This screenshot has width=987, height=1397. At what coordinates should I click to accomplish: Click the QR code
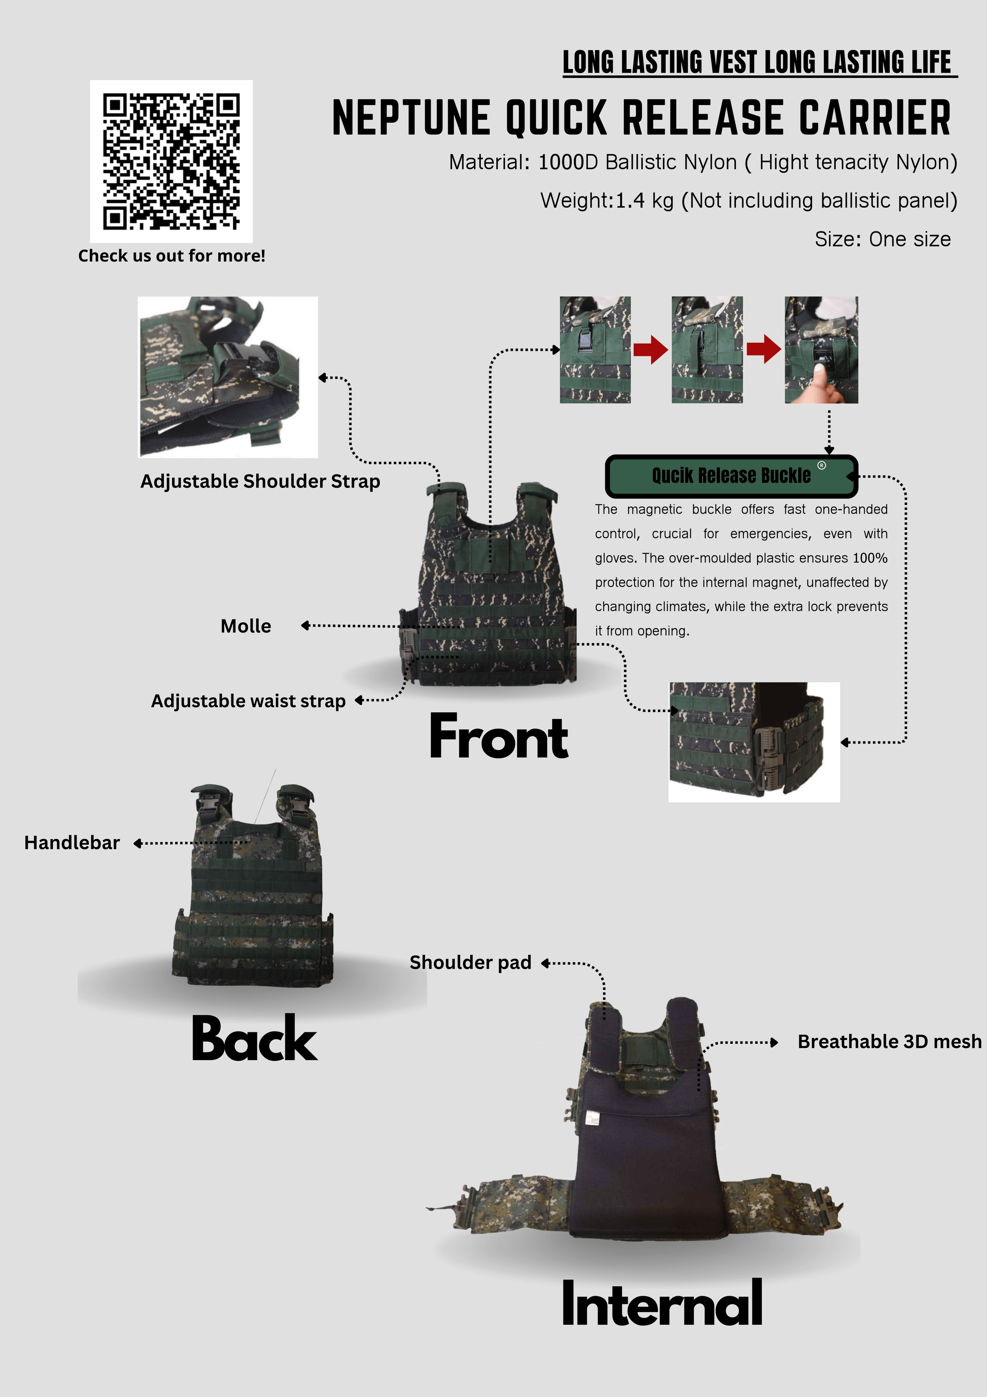(x=171, y=161)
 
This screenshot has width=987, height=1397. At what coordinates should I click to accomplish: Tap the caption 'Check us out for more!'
(x=171, y=256)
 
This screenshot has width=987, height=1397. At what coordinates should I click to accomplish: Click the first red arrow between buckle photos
(x=651, y=349)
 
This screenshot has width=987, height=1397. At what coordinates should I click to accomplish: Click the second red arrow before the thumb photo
(x=764, y=349)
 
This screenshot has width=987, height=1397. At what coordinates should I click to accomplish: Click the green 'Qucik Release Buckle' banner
(x=731, y=475)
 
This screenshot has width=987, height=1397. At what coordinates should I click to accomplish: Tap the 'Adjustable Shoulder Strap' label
(x=260, y=481)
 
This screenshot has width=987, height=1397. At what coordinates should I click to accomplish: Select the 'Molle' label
(x=246, y=626)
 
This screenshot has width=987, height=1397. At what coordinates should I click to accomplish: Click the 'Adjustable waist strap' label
(x=248, y=701)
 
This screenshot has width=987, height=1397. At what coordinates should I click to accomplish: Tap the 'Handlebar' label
(x=72, y=843)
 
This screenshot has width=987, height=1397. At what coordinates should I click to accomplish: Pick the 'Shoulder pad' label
(x=470, y=962)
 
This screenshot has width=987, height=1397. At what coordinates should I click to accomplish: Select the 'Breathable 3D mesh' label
(x=889, y=1042)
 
